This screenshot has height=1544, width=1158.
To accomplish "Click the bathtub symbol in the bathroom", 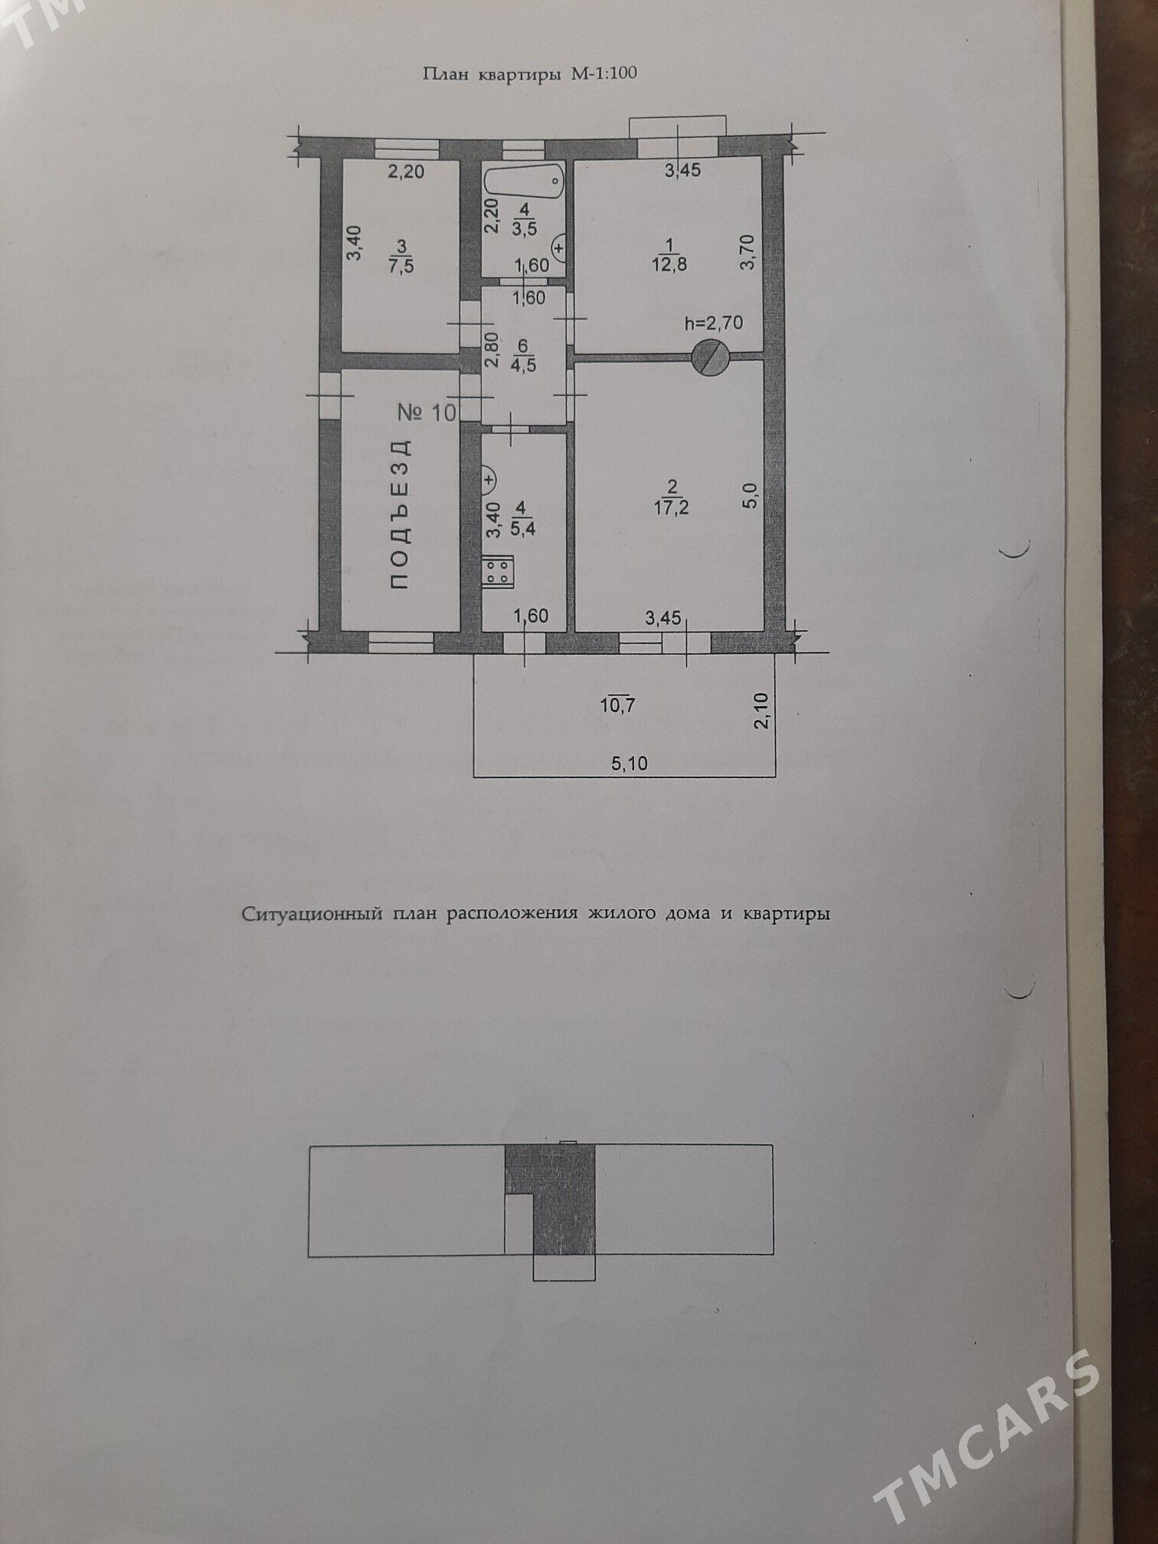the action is point(523,181).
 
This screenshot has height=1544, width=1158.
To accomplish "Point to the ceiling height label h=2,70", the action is point(713,322).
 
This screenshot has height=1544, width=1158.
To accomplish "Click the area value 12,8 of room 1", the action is point(669,264).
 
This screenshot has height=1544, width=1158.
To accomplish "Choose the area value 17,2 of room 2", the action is point(671,507).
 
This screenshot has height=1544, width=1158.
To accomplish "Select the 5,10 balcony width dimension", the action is point(630,763).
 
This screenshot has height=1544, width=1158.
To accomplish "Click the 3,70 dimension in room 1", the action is point(748,252).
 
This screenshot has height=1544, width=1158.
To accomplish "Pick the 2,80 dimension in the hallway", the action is point(492,350).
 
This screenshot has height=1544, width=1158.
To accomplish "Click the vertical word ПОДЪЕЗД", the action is point(401,515).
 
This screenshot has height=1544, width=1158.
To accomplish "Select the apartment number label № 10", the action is point(427,413).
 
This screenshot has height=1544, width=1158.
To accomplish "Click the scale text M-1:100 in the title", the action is point(604,74).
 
